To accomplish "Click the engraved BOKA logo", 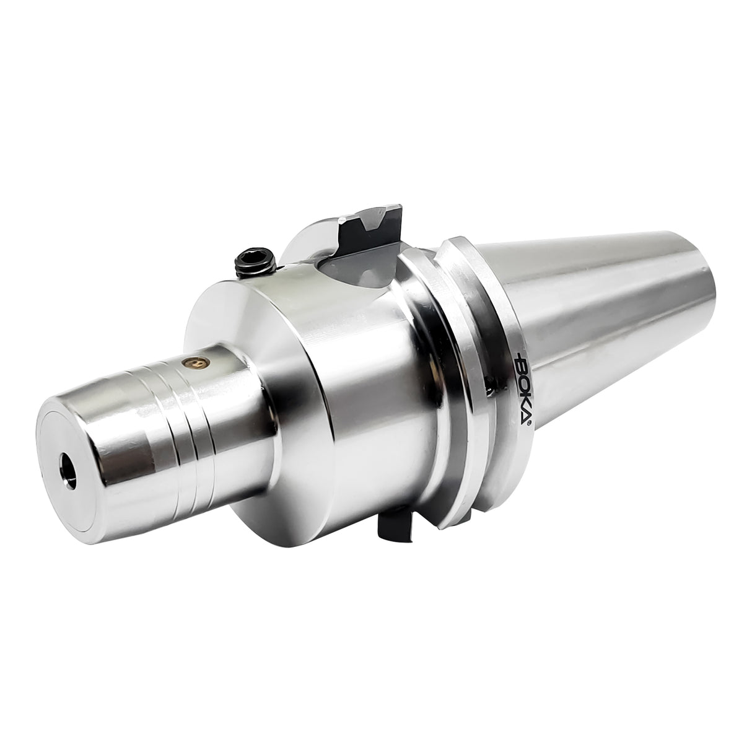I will pos(518,386).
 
